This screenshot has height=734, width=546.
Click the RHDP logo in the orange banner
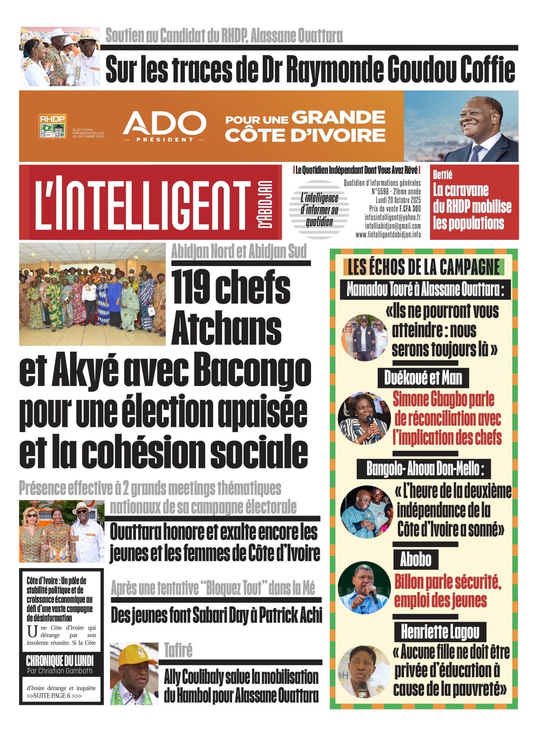pos(52,126)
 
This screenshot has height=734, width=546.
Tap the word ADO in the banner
pos(164,123)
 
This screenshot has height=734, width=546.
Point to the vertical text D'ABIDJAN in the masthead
pos(265,204)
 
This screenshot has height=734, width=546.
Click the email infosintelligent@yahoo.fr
pos(392,217)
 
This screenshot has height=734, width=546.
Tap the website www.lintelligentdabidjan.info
pos(388,235)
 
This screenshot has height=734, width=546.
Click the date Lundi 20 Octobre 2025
pos(398,200)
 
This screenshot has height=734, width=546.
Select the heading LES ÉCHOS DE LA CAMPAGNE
pos(423,267)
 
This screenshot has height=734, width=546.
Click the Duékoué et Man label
pos(423,378)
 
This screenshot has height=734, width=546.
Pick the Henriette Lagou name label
pos(440,632)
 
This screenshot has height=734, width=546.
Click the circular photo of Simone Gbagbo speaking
pos(364,418)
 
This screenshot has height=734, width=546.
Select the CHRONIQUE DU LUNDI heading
pos(60,661)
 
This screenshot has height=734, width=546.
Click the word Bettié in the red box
pos(443,175)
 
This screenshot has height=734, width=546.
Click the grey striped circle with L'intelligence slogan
pos(319,209)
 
